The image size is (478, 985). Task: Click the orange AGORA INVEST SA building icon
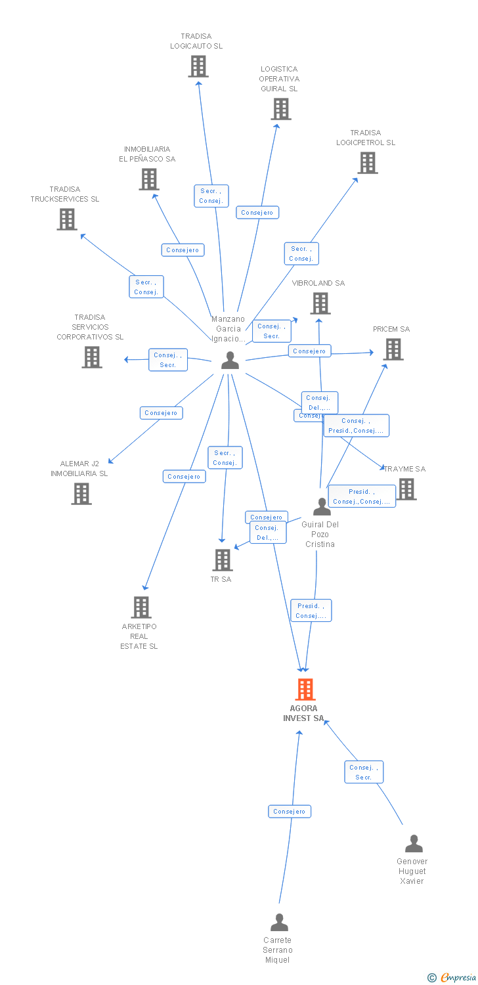pyautogui.click(x=305, y=689)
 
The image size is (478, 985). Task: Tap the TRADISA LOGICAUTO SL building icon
pyautogui.click(x=198, y=66)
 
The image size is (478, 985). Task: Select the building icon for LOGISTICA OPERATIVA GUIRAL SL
pyautogui.click(x=281, y=109)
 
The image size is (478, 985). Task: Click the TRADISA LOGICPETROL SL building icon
pyautogui.click(x=368, y=163)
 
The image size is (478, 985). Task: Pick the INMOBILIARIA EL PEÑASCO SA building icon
pyautogui.click(x=149, y=179)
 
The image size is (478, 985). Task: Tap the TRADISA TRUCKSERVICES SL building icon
pyautogui.click(x=67, y=219)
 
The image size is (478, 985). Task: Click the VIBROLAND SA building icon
pyautogui.click(x=320, y=303)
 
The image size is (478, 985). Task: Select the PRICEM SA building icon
pyautogui.click(x=393, y=349)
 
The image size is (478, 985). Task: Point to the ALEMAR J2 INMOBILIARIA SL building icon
pyautogui.click(x=81, y=493)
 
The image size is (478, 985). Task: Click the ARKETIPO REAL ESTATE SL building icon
pyautogui.click(x=141, y=607)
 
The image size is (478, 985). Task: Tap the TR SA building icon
pyautogui.click(x=223, y=560)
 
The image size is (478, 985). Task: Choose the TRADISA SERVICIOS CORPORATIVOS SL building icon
pyautogui.click(x=92, y=357)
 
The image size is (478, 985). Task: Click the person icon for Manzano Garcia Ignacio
pyautogui.click(x=230, y=360)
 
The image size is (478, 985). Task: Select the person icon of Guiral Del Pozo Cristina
pyautogui.click(x=322, y=506)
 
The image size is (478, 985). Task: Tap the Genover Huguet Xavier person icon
pyautogui.click(x=414, y=843)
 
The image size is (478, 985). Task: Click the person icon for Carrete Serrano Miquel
pyautogui.click(x=279, y=922)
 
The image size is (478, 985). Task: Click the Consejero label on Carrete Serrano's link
pyautogui.click(x=290, y=812)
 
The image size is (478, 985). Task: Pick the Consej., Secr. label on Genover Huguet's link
pyautogui.click(x=364, y=772)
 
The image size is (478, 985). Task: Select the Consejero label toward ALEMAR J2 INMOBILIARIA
pyautogui.click(x=161, y=413)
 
